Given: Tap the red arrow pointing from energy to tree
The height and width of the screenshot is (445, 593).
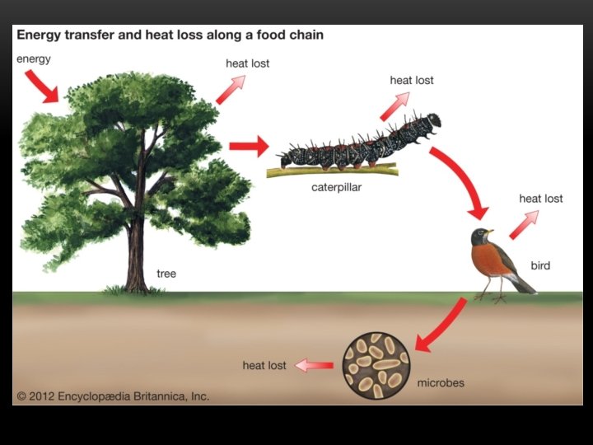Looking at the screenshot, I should point(41,86).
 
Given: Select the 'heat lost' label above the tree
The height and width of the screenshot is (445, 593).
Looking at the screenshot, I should point(247,63).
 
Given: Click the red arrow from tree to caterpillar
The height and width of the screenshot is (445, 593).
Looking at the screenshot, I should point(248,147).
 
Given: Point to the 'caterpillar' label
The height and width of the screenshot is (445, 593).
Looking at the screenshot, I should point(336,187).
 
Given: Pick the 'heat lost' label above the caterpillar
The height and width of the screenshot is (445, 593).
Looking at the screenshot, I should point(412,80).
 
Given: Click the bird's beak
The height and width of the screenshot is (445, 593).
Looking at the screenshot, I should point(490,233).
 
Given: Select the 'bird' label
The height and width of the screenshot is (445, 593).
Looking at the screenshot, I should point(540,265).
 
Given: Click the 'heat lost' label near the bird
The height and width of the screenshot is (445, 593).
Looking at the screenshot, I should point(541,199).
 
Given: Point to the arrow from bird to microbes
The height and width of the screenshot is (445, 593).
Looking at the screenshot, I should point(441,325).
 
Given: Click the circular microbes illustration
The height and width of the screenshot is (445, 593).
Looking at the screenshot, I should point(376,364).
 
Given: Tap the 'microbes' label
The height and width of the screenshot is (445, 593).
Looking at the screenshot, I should point(441,383).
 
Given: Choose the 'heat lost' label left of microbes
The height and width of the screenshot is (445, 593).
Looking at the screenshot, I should point(264,365).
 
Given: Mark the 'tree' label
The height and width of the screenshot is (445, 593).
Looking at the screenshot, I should point(166,274).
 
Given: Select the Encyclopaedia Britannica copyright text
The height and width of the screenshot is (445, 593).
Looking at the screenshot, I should point(113,396).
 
